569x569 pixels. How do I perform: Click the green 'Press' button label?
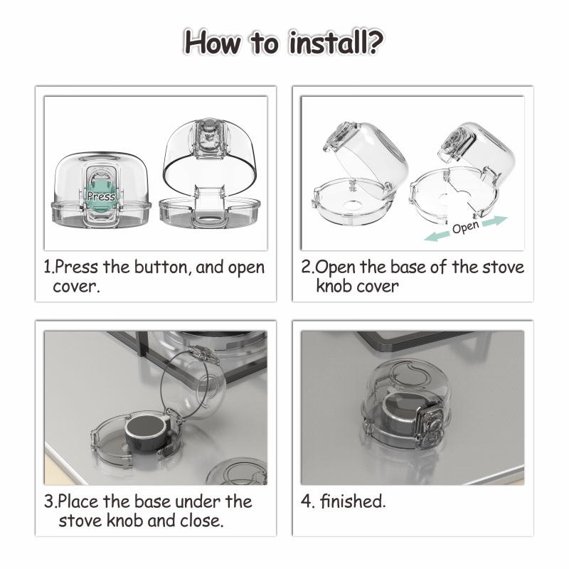click(x=101, y=196)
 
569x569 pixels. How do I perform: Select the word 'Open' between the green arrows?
click(x=466, y=227)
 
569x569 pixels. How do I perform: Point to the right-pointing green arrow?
click(x=494, y=220)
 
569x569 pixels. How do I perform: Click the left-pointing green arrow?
click(x=437, y=236)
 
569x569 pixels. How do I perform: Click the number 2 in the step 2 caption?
click(x=307, y=267)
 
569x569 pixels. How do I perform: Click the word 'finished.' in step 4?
click(x=353, y=501)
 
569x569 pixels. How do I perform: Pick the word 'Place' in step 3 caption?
click(x=78, y=501)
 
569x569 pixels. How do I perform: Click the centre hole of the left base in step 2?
click(x=353, y=205)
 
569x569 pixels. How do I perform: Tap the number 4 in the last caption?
click(x=306, y=501)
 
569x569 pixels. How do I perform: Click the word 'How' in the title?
click(x=213, y=42)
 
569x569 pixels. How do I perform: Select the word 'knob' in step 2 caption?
click(x=334, y=286)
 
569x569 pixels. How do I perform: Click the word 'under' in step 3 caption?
click(x=198, y=501)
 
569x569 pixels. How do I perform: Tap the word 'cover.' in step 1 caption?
click(x=76, y=287)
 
